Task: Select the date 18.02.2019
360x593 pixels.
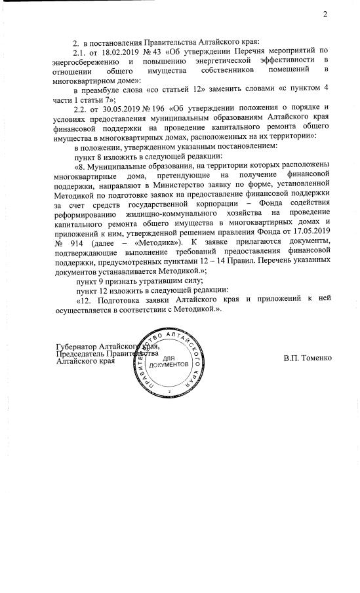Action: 119,51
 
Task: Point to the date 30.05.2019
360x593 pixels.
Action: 119,107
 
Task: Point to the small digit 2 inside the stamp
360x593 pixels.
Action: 169,391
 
